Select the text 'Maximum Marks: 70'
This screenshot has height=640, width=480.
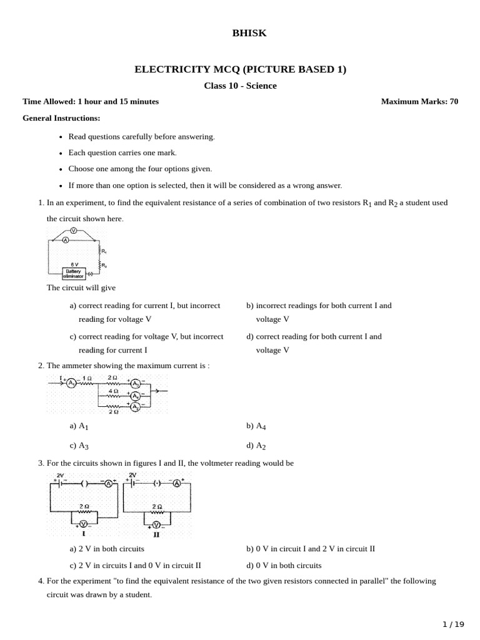coord(419,101)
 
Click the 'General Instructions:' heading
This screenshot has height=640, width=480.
coord(61,118)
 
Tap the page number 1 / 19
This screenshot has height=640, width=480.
coord(454,624)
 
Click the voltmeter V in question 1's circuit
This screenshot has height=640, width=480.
coord(73,231)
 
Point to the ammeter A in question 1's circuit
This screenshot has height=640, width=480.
coord(65,239)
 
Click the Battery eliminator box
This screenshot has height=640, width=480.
coord(74,273)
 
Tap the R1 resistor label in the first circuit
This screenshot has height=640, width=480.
coord(103,251)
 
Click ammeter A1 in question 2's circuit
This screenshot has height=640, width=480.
coord(71,382)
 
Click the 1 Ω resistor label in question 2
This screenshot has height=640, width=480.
coord(87,379)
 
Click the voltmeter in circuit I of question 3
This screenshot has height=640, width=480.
coord(83,524)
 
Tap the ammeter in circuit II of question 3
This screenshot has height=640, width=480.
coord(177,483)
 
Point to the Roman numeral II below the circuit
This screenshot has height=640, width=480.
coord(156,535)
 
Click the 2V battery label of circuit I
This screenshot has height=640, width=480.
coord(60,475)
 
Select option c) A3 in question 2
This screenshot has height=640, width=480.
coord(79,446)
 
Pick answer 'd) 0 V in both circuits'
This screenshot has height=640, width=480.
coord(284,566)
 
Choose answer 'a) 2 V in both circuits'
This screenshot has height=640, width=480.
coord(107,549)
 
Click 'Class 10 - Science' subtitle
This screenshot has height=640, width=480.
coord(240,86)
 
